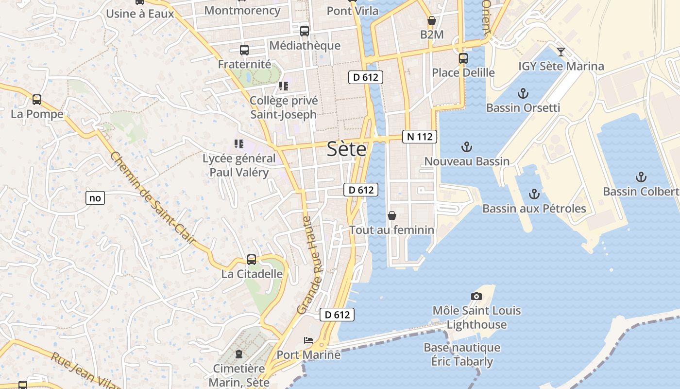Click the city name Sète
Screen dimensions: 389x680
[346, 149]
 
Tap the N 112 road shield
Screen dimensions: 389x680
[420, 137]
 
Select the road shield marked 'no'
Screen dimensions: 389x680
[95, 198]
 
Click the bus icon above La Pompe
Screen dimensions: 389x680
[37, 100]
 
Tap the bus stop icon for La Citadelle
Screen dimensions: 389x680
[251, 260]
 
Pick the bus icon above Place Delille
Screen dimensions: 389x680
[463, 58]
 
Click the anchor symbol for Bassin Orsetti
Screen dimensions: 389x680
[523, 93]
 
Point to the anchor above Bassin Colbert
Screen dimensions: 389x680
[641, 177]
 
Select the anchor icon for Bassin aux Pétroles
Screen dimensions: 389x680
[534, 194]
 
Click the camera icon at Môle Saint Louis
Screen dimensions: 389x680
[476, 296]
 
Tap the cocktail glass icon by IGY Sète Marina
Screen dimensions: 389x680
[561, 52]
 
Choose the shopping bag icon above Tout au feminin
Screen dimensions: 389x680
[392, 215]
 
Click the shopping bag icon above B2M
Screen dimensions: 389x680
[431, 20]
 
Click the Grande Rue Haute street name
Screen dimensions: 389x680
[310, 265]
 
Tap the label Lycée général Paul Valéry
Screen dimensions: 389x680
[238, 165]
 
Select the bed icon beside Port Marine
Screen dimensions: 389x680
[308, 340]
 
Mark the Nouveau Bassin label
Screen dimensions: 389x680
[467, 161]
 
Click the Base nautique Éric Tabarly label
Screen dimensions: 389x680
[462, 354]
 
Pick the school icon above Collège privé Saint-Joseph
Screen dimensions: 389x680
[284, 87]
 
